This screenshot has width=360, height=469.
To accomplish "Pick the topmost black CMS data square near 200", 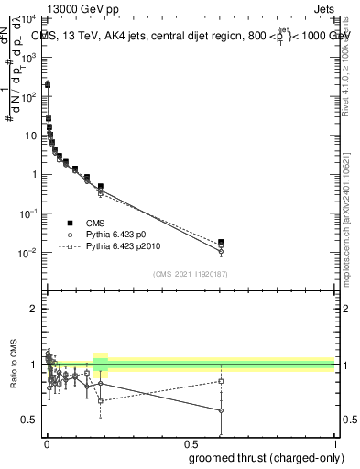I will (48, 83).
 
